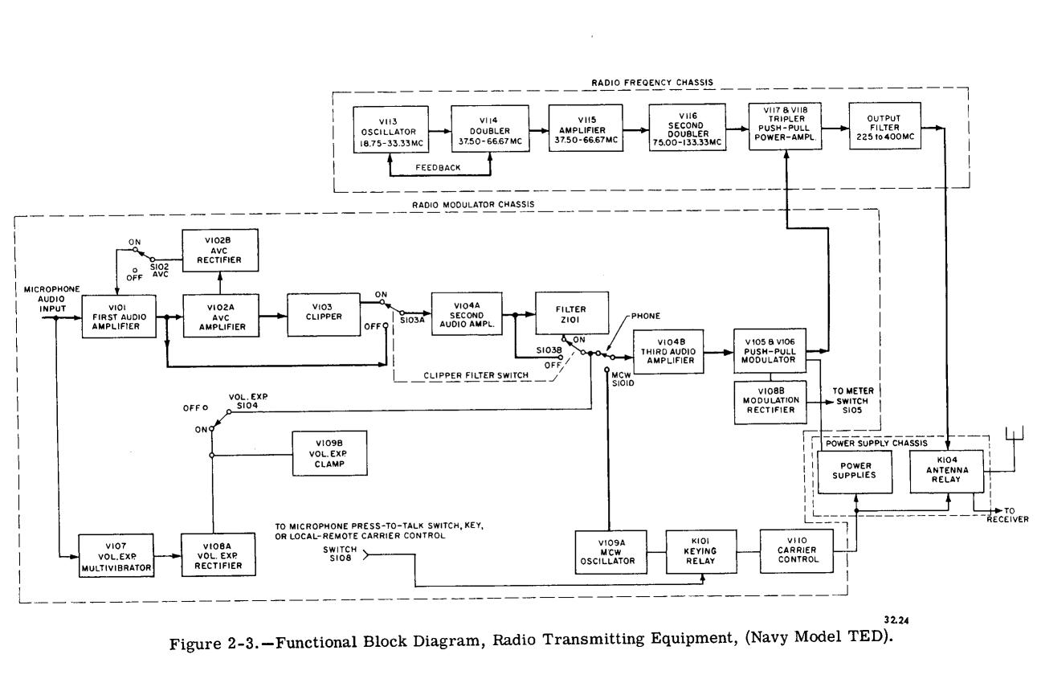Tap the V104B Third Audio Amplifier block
[x=670, y=351]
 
